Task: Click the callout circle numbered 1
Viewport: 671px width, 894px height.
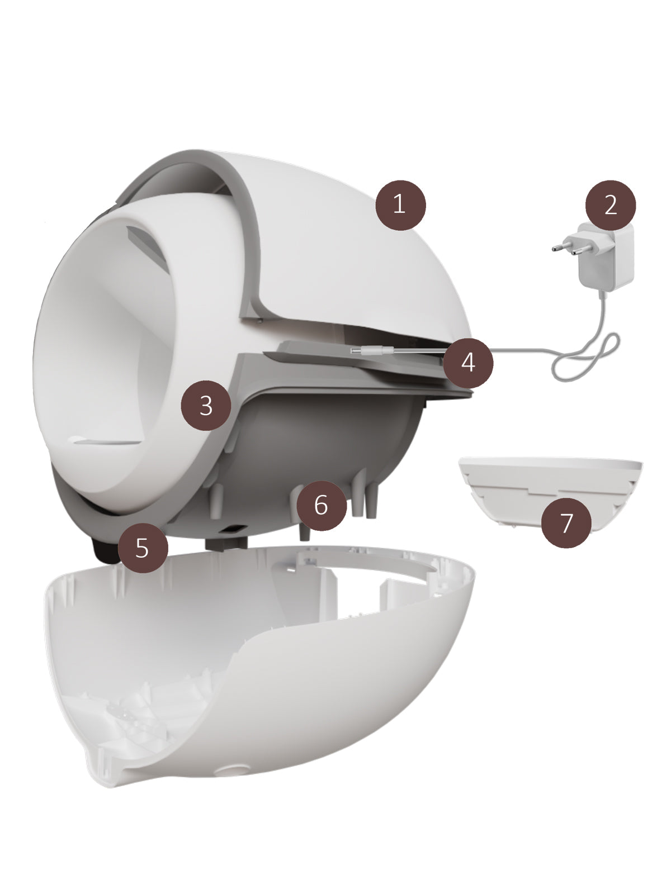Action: pos(400,205)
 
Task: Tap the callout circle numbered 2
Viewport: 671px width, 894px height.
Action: pos(610,205)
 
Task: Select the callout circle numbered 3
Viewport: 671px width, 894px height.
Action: pos(206,405)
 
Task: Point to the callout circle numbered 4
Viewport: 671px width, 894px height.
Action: pos(468,363)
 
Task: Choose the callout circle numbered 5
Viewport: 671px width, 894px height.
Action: pos(143,548)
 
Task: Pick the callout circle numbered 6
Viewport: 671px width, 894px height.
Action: pos(322,506)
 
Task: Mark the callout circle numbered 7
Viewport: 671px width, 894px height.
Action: pos(566,522)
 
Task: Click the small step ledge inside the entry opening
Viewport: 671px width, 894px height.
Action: pos(108,441)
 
